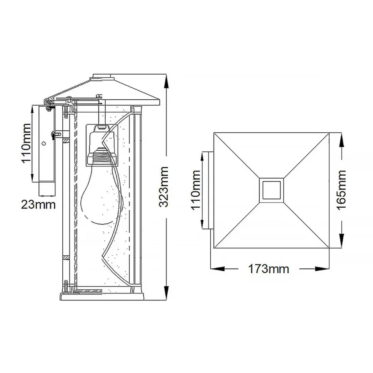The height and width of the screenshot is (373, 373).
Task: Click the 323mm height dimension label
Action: pyautogui.click(x=164, y=186)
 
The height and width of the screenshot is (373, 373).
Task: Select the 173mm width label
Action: pyautogui.click(x=268, y=268)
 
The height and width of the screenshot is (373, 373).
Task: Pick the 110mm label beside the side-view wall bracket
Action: pyautogui.click(x=25, y=143)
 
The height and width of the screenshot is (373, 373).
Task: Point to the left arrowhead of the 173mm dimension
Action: pyautogui.click(x=214, y=268)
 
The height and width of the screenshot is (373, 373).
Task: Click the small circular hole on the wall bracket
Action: pyautogui.click(x=44, y=144)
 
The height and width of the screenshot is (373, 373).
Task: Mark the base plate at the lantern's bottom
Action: pyautogui.click(x=102, y=296)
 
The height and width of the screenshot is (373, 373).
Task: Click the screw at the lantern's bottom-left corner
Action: pyautogui.click(x=67, y=286)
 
